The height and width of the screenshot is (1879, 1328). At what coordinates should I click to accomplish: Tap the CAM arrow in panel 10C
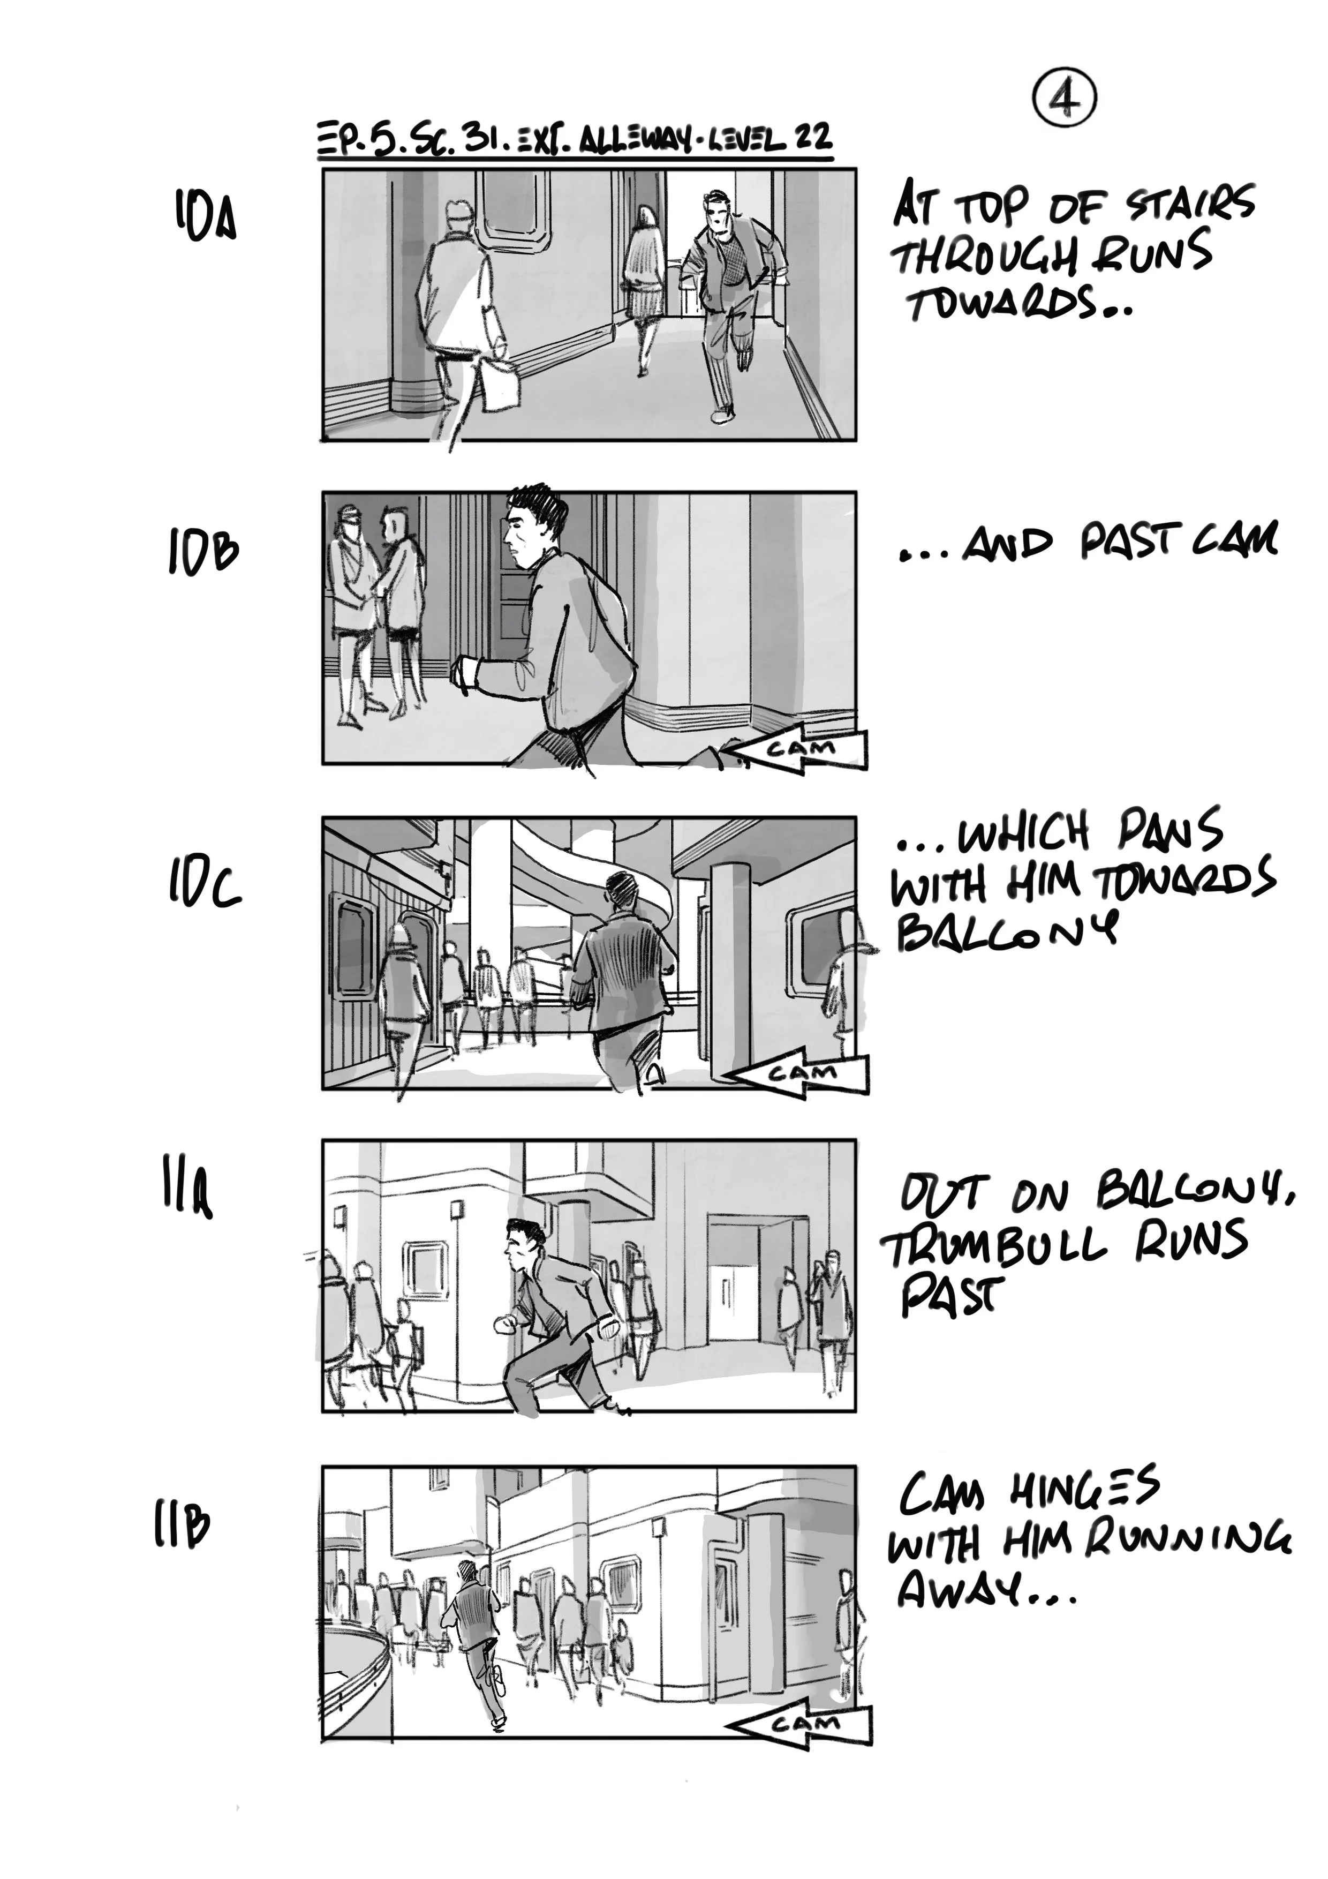point(798,1073)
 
